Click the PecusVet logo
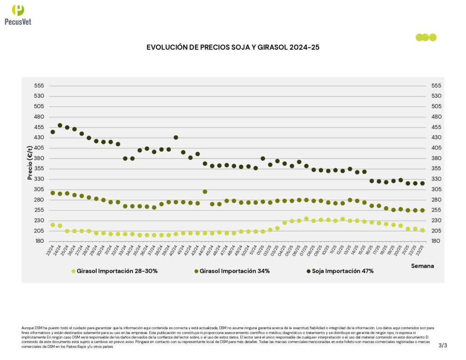18,15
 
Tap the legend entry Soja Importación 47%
340,271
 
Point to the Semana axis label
422,265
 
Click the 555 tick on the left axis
40,86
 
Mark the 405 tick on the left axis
40,148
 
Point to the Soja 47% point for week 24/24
60,125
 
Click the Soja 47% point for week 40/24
176,137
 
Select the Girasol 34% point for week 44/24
205,192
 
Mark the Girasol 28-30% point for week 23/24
53,225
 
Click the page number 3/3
443,345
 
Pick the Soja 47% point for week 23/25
422,183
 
